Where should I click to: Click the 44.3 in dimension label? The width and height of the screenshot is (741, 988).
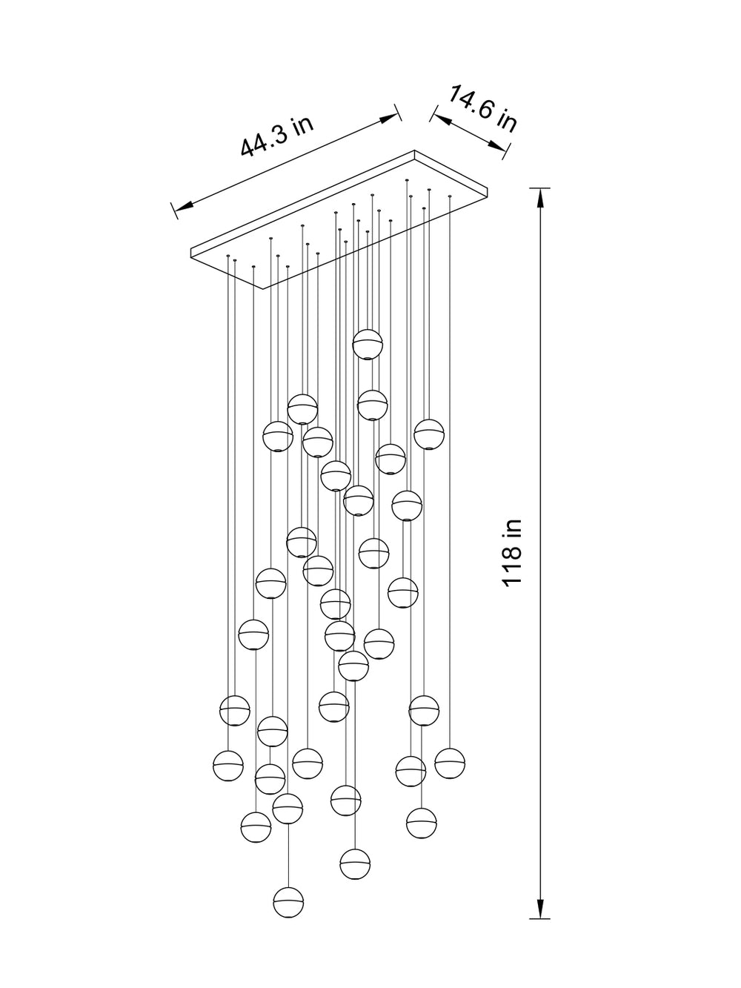coord(276,136)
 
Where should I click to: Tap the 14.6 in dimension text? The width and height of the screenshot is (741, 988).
coord(482,109)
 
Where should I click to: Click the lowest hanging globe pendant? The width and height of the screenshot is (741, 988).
coord(288,902)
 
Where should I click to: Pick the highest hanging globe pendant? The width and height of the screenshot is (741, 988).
coord(368,345)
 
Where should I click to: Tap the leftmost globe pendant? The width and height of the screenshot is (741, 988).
coord(228,766)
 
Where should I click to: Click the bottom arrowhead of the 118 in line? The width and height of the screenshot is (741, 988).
coord(540,908)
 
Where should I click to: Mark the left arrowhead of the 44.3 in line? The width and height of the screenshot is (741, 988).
coord(184,206)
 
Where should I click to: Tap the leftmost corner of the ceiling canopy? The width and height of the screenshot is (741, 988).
coord(191,249)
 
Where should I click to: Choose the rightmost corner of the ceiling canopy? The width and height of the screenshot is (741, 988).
coord(488,187)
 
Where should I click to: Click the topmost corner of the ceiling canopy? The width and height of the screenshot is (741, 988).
coord(414,150)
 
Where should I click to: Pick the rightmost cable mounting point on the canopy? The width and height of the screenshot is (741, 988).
coord(449,196)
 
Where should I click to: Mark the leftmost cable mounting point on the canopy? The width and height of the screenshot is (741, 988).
coord(228,256)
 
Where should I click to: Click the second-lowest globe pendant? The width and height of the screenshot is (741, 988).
coord(355,863)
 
